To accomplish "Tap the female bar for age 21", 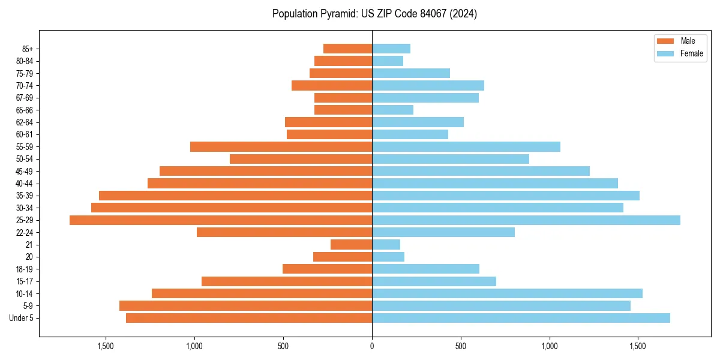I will pos(386,245).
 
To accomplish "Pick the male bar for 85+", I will pos(347,49).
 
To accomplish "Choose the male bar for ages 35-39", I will pos(235,196).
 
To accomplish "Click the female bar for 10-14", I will pos(507,293).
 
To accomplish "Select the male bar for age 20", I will pos(343,257).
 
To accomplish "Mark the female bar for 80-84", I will pos(388,61).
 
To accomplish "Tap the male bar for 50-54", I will pos(301,159).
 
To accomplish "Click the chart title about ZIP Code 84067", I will pos(374,14).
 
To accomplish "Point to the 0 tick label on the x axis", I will pos(372,346).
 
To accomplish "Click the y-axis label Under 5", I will pos(21,318).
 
